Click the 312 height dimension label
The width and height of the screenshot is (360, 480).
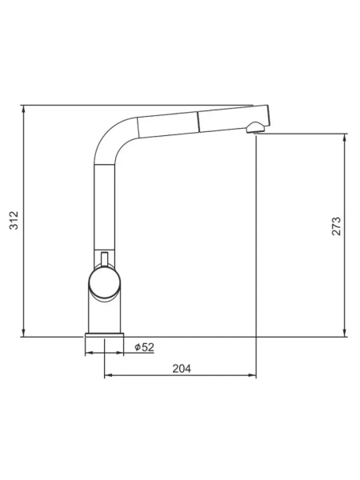[x=14, y=220]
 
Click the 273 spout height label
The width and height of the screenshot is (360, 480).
[x=336, y=226]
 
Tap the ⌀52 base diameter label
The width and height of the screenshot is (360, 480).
[x=144, y=347]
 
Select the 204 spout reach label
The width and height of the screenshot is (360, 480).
[x=182, y=369]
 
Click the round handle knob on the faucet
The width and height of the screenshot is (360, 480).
[x=104, y=282]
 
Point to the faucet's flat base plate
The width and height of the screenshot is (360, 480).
[x=104, y=334]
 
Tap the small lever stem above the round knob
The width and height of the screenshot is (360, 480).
[x=104, y=259]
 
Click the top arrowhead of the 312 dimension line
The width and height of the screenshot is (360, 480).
[x=23, y=108]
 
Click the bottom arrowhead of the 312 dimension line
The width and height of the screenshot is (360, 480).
[x=23, y=334]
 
